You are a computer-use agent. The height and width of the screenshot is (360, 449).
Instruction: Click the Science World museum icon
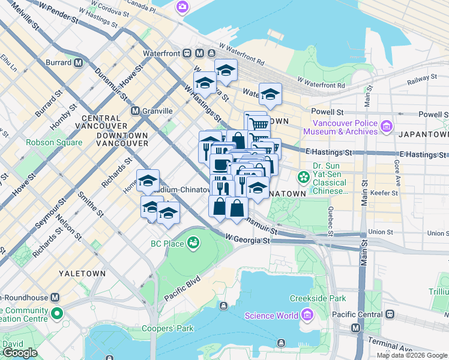(x=307, y=316)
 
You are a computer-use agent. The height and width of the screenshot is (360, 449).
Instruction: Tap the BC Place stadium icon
(x=193, y=243)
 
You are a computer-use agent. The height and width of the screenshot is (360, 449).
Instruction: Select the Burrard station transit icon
(x=79, y=62)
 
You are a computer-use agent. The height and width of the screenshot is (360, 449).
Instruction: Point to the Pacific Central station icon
(x=391, y=314)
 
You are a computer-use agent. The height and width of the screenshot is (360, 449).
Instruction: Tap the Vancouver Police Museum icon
(x=386, y=127)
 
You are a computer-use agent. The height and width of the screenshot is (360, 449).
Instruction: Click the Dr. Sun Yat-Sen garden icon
(x=304, y=178)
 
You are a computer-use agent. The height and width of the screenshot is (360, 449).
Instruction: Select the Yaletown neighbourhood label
(x=82, y=273)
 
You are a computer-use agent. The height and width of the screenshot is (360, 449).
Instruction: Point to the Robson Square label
(x=54, y=143)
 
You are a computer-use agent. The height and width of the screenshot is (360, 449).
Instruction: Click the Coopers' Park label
(x=167, y=328)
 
